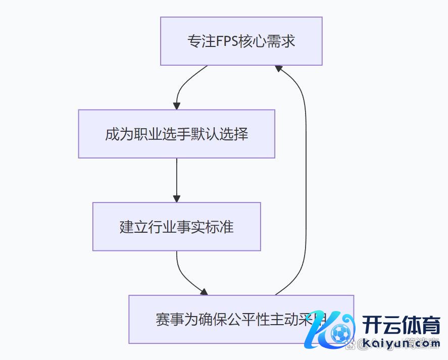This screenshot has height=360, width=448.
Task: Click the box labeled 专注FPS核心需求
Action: (241, 41)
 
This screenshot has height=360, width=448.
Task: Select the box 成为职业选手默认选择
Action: (176, 134)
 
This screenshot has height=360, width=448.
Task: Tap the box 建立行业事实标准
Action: (176, 227)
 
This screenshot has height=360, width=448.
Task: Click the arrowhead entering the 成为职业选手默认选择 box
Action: (176, 106)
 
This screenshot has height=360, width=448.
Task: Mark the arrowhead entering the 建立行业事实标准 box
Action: (176, 199)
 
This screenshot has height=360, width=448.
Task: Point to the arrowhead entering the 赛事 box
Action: (204, 292)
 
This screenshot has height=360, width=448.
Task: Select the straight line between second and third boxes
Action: (176, 177)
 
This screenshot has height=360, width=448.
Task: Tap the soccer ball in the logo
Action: (341, 333)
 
